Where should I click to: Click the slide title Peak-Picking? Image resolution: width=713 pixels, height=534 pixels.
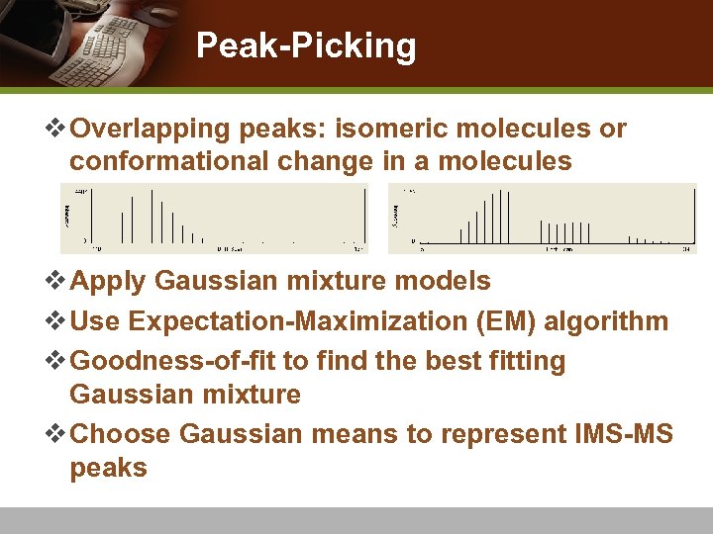coord(306,45)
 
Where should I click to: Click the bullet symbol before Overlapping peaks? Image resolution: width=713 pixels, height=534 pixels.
coord(58,130)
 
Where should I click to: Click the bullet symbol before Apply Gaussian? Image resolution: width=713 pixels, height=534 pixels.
coord(58,282)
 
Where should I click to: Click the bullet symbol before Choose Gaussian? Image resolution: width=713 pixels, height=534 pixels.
coord(58,433)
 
